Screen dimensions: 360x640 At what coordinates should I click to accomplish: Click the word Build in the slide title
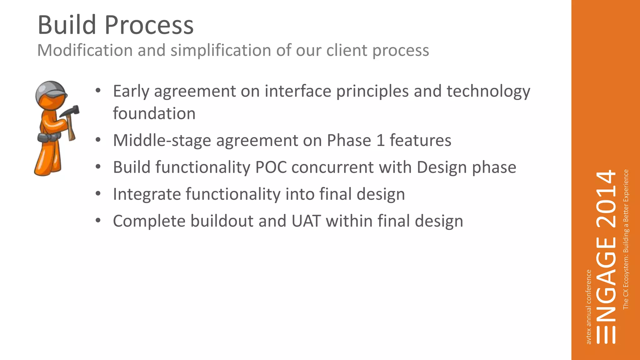click(67, 25)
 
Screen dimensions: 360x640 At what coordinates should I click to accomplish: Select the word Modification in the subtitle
click(85, 50)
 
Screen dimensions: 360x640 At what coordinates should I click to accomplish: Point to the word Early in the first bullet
click(131, 91)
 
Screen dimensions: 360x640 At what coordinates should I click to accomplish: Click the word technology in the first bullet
click(488, 91)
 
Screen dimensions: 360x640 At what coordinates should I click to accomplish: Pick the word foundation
click(154, 113)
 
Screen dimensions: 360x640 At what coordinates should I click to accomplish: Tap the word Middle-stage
click(162, 140)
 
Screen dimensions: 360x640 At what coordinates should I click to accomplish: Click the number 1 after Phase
click(380, 140)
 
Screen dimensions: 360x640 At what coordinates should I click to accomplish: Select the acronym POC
click(271, 167)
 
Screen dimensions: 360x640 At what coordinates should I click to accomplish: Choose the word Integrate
click(147, 194)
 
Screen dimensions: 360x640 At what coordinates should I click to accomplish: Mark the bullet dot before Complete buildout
click(98, 221)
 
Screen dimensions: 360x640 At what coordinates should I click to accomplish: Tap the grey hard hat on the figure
click(50, 89)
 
